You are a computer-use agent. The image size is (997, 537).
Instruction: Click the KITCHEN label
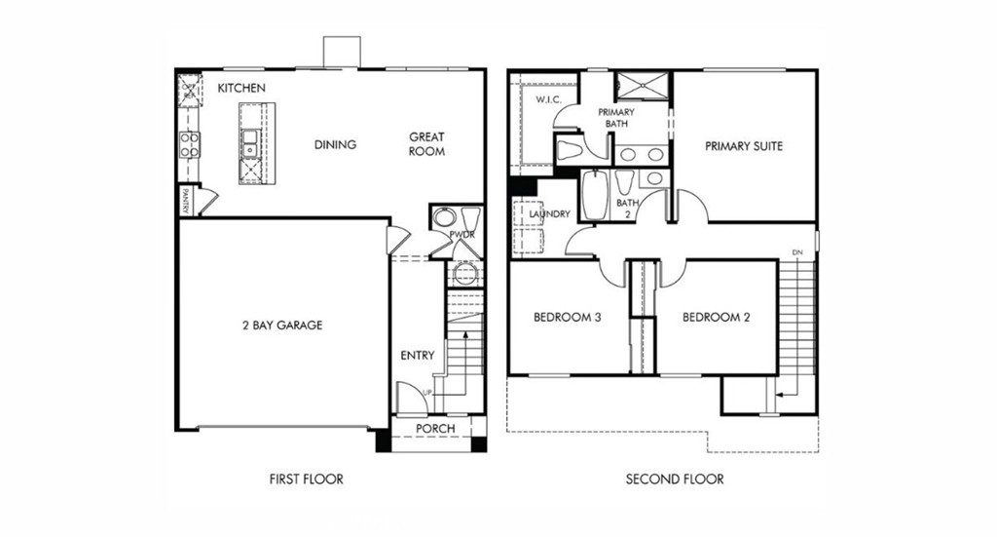pos(241,89)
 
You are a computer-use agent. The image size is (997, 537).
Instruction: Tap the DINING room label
pos(335,144)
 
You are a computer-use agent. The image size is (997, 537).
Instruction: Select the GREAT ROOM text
pos(426,144)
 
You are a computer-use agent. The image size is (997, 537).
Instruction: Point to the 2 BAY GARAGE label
pos(282,325)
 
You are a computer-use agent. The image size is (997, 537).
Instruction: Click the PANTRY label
pos(184,202)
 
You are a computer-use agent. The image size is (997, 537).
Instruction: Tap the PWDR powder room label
pos(462,235)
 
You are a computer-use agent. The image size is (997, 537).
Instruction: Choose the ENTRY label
pos(418,356)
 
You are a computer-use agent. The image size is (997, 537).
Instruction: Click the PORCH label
pos(435,429)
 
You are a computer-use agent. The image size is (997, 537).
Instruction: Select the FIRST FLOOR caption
pos(306,479)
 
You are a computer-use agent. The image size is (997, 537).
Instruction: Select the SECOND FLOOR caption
pos(675,479)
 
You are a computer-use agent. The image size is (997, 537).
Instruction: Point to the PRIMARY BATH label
pos(616,118)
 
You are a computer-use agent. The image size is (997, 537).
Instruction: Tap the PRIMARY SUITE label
pos(744,146)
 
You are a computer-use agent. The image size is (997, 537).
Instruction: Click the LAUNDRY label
pos(549,213)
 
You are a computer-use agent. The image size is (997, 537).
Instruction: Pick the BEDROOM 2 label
pos(716,317)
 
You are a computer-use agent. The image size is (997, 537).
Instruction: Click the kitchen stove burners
pos(188,144)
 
